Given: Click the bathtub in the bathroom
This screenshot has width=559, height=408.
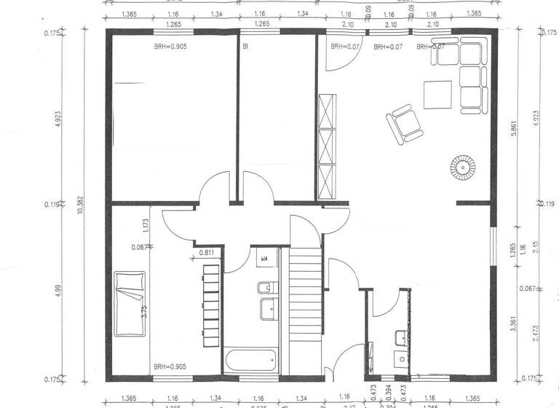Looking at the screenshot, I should [x=250, y=360].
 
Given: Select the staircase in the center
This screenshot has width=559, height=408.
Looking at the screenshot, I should [x=306, y=291].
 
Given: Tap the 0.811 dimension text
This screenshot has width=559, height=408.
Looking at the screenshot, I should [x=207, y=253].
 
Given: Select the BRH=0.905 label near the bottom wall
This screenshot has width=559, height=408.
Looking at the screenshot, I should [x=169, y=366].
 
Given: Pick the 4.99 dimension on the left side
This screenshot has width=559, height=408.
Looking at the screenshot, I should [x=58, y=293].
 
